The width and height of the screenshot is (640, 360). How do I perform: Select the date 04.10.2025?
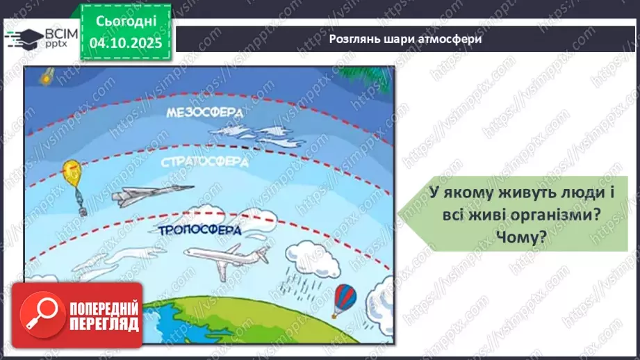126,44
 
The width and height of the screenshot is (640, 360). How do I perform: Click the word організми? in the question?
556,216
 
